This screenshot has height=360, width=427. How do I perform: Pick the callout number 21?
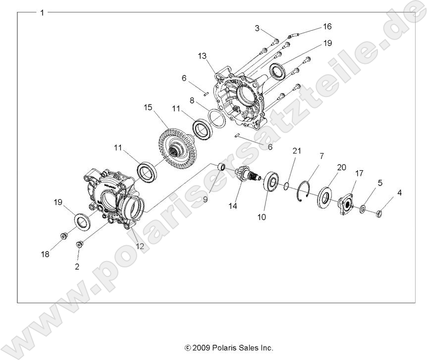[x=297, y=151]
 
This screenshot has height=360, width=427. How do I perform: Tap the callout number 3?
[x=258, y=28]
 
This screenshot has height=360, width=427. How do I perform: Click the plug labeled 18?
[x=63, y=235]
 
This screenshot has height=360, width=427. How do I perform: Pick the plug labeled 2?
[x=79, y=244]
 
